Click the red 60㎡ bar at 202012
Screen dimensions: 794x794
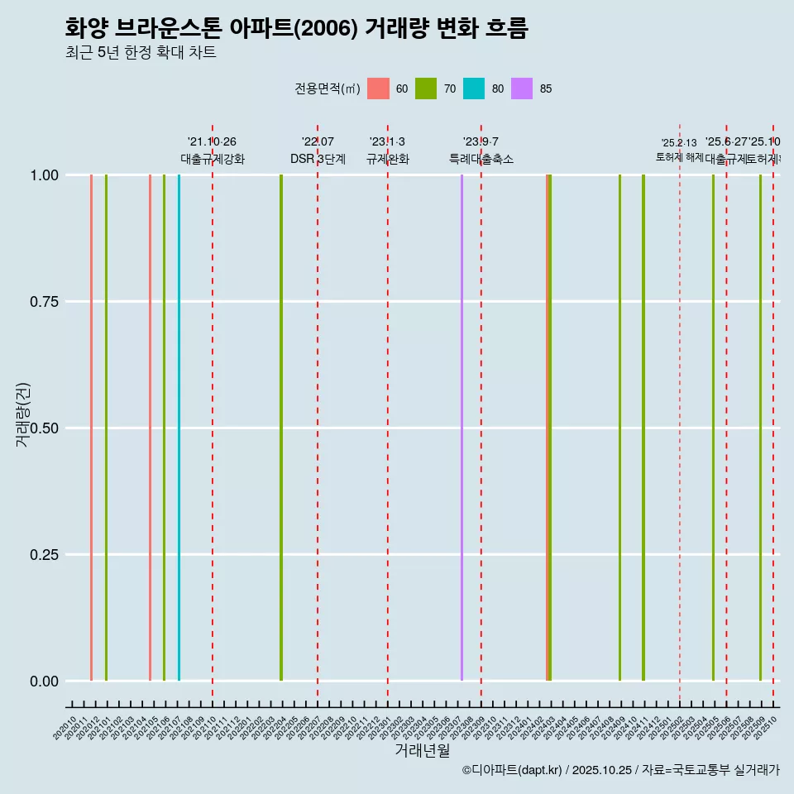click(x=91, y=428)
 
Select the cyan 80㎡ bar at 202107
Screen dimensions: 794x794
click(x=179, y=428)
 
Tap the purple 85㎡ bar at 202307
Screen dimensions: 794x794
click(x=462, y=428)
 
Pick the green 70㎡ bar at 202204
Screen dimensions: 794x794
click(x=281, y=428)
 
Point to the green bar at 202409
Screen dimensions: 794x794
click(x=619, y=428)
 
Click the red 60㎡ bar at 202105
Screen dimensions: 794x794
click(x=150, y=428)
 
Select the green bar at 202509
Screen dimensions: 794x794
click(x=760, y=428)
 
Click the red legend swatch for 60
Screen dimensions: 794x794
click(x=378, y=88)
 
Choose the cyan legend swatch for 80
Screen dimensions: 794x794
click(x=474, y=88)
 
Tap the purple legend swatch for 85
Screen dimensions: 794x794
click(x=522, y=88)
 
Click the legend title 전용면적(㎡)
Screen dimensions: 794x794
click(x=327, y=88)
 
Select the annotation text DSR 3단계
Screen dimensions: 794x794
click(x=318, y=159)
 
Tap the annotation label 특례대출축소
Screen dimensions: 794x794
click(x=481, y=159)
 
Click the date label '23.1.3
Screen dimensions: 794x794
click(x=387, y=142)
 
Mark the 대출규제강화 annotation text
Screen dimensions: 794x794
click(x=213, y=159)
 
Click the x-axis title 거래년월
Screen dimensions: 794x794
click(x=423, y=750)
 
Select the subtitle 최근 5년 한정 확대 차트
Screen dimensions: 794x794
click(x=141, y=53)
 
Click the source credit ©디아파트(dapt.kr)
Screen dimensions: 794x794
click(x=513, y=771)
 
